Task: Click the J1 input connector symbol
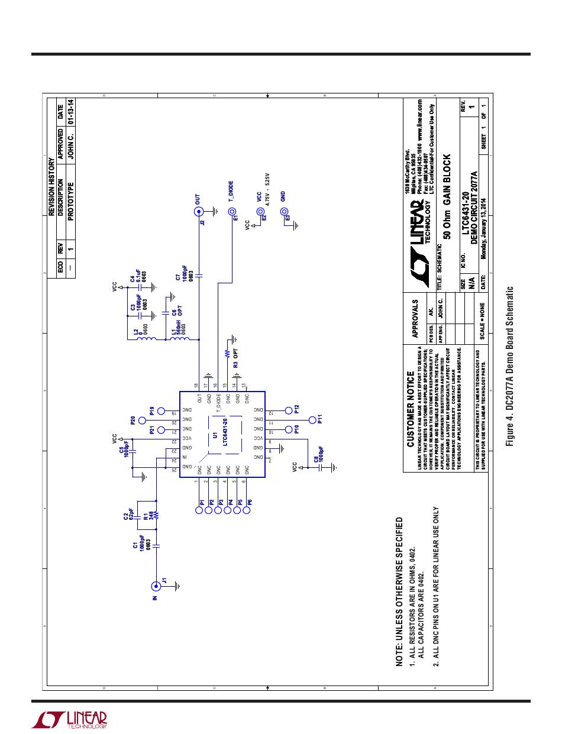tap(156, 586)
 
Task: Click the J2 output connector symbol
tap(198, 211)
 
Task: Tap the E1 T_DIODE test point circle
tap(232, 211)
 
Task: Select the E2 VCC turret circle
tap(259, 211)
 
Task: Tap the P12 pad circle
tap(288, 409)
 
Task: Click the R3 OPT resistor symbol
tap(227, 354)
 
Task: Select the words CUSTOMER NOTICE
tap(411, 409)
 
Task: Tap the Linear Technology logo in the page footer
tap(69, 719)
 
